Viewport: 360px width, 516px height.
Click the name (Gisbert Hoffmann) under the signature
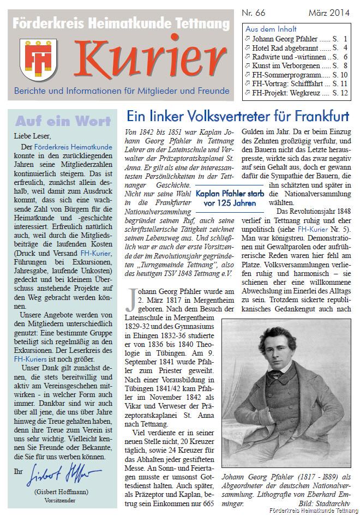tap(61, 491)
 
